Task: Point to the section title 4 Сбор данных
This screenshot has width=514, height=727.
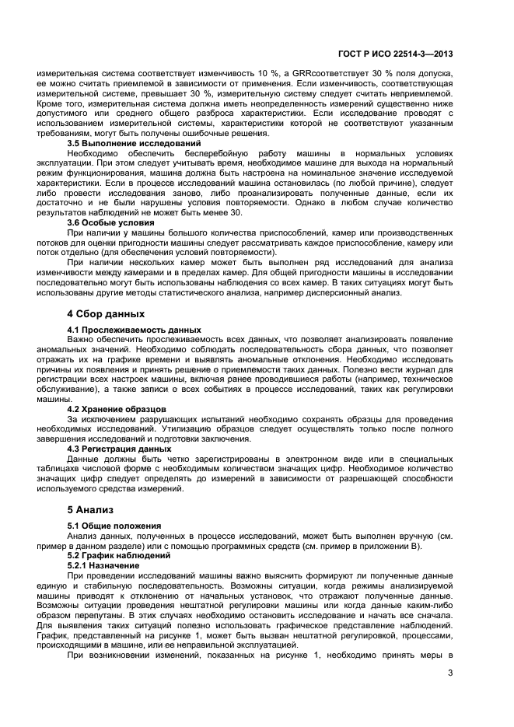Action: coord(105,314)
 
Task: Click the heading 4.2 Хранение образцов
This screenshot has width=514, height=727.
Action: coord(117,409)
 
